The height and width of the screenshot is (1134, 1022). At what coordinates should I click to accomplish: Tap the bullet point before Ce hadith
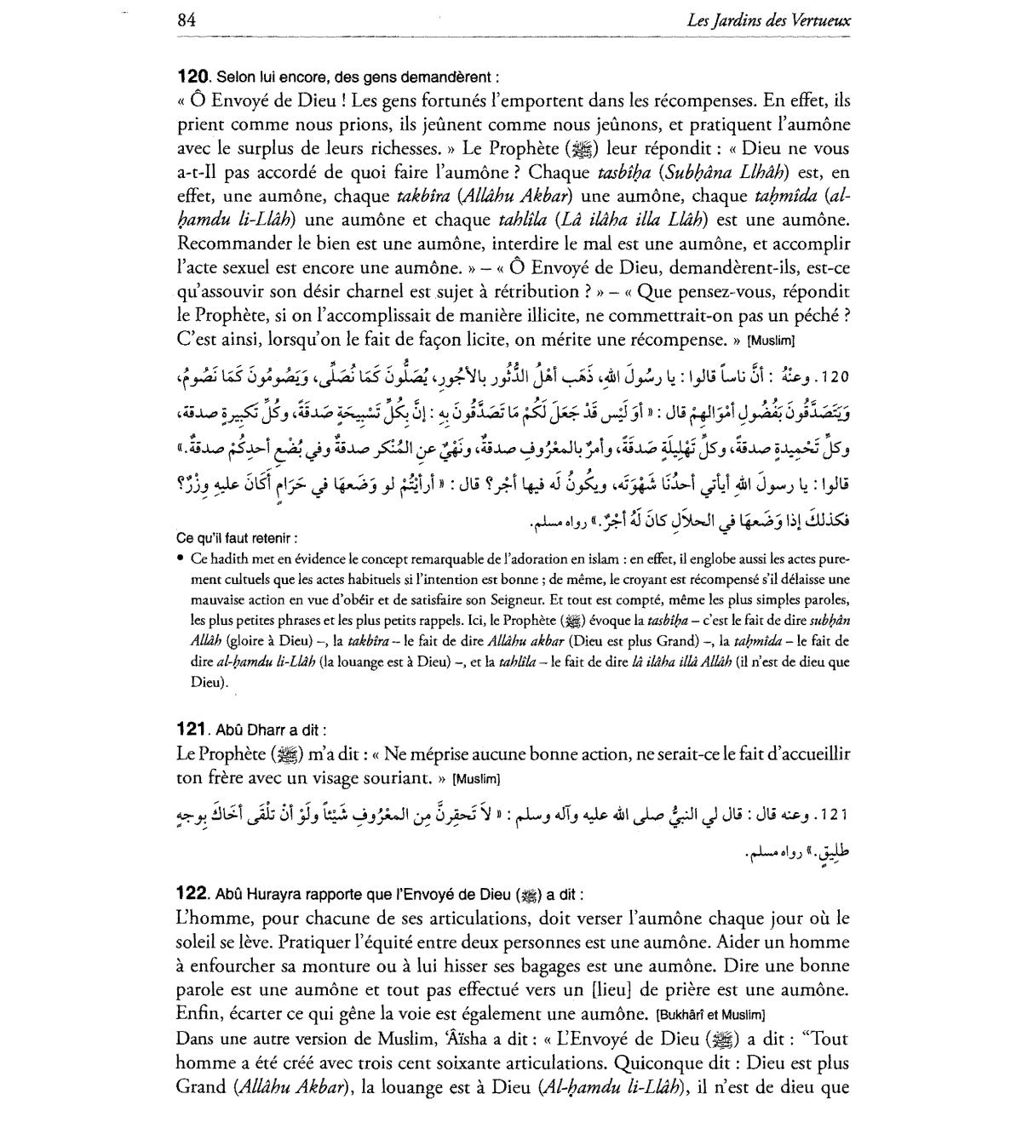(181, 558)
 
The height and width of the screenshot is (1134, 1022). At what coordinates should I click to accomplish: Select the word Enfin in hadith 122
(198, 1015)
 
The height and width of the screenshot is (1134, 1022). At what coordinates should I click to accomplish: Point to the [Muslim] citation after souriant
(476, 779)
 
